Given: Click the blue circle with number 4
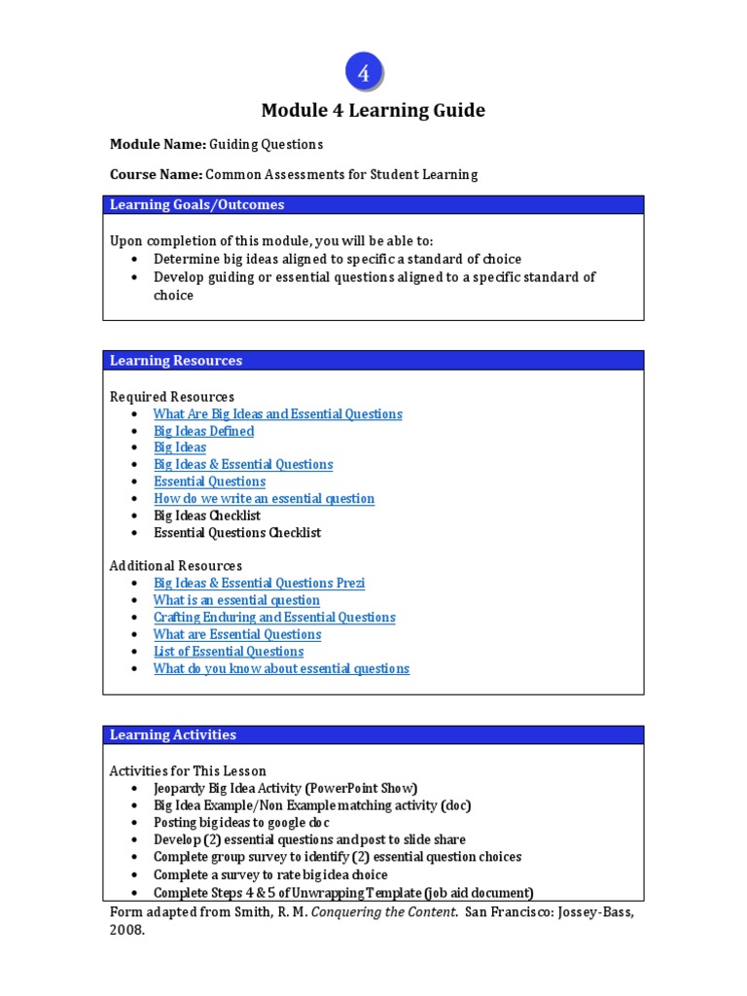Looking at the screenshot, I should (x=364, y=73).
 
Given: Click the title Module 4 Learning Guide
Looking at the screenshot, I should (x=373, y=111).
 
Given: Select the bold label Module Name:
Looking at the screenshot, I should (x=158, y=144).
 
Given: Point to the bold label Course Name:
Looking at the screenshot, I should (x=156, y=174).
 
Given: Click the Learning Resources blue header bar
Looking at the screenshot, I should (x=373, y=360).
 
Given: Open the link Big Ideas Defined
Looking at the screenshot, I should (x=203, y=431).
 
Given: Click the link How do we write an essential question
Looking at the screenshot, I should (x=264, y=498).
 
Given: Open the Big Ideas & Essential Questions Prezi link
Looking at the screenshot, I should (x=259, y=583).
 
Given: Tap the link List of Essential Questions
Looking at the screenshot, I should (x=229, y=651).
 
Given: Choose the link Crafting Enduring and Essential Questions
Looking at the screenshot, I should (x=274, y=617).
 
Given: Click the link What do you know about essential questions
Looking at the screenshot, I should (x=281, y=668).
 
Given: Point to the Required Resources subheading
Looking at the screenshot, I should (x=172, y=397).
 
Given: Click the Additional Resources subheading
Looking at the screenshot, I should (x=176, y=565).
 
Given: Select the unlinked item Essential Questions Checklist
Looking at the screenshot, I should (x=237, y=532).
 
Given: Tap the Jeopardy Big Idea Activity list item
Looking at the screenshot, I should (x=285, y=788).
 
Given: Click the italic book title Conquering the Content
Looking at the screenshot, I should (x=385, y=912).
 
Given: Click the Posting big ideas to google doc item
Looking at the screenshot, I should (x=241, y=822).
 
